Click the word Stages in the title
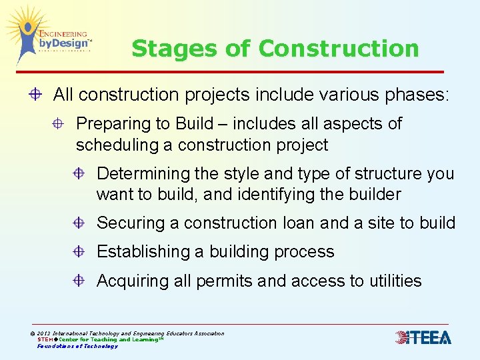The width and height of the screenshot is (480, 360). click(x=161, y=49)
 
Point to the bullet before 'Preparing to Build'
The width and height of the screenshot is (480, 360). click(x=59, y=124)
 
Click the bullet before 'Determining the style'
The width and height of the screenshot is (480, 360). click(x=79, y=174)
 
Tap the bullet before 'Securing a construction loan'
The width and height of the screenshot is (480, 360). click(x=79, y=223)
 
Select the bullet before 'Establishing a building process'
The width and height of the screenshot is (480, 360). click(x=79, y=252)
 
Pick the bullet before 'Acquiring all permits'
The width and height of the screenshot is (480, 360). click(x=79, y=281)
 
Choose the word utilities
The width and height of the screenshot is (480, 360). click(x=393, y=281)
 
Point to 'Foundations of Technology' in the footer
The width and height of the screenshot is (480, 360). click(x=77, y=346)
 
